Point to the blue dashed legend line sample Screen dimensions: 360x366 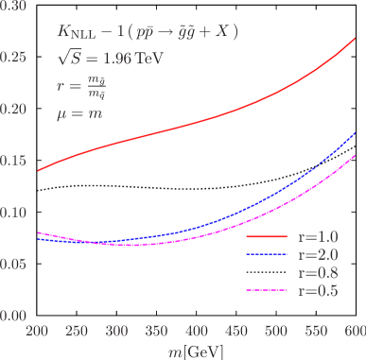[x=265, y=254]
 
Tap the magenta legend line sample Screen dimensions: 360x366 [x=265, y=290]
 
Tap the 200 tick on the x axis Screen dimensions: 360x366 [x=37, y=333]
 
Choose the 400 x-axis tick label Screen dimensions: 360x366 [x=196, y=333]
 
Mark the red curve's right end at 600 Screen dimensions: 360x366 [x=355, y=39]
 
